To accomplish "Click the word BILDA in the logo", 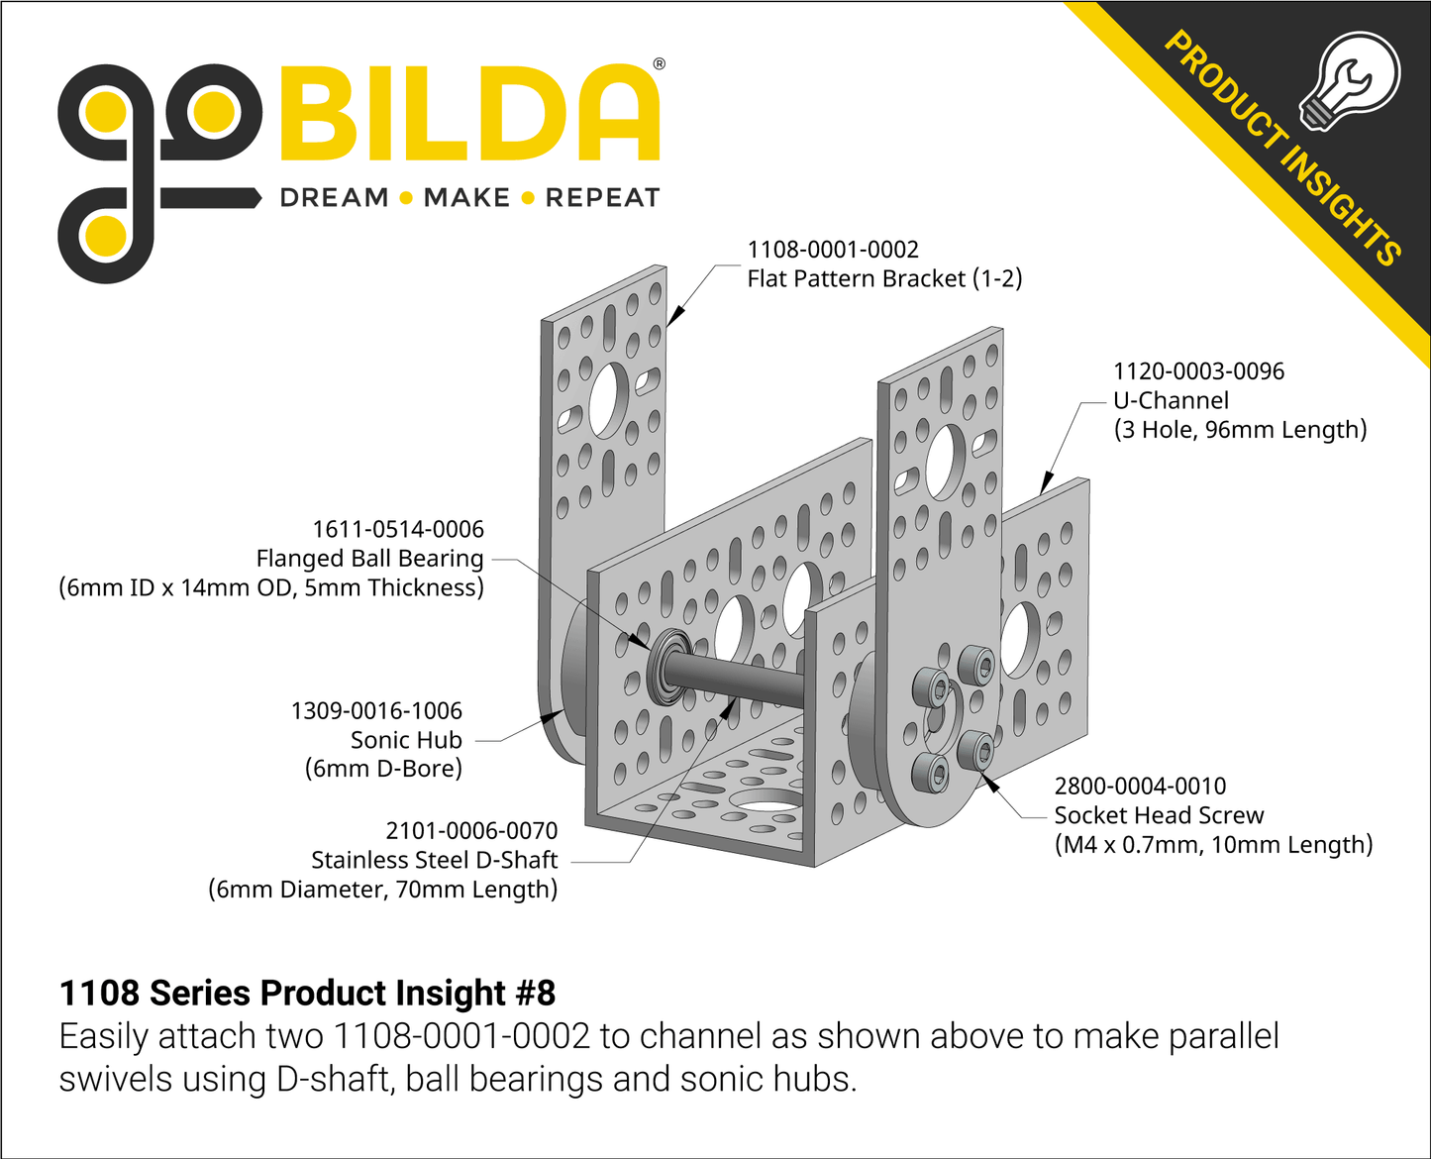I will point(469,114).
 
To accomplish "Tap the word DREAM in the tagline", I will point(334,198).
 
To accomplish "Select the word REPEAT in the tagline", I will point(602,198).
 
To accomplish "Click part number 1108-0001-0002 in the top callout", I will point(832,250).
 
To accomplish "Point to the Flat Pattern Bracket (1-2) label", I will point(883,279).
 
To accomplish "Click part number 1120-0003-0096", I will point(1198,371).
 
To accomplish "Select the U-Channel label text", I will point(1171,401).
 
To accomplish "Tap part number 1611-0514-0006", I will point(398,530).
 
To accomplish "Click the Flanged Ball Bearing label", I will point(369,559).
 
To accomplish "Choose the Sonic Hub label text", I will point(406,740).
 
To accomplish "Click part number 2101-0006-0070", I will point(471,831).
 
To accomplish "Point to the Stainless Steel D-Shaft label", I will point(434,860).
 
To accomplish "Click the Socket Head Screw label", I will point(1159,815).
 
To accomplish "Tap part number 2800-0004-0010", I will point(1140,787).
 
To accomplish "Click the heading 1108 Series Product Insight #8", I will point(307,993).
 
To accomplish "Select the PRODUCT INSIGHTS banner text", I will point(1283,149).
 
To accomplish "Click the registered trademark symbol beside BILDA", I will point(660,64).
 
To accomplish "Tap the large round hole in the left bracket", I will point(609,399).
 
